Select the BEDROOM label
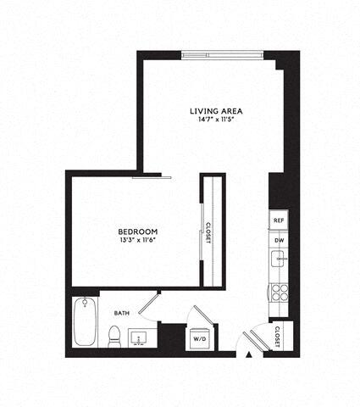[x=136, y=231]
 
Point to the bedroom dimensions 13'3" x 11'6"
[x=136, y=241]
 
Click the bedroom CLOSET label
[x=208, y=232]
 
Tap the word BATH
[x=121, y=313]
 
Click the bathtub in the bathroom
[x=85, y=321]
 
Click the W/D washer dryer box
[x=200, y=339]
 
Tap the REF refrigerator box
[x=278, y=220]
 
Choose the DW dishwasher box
[x=278, y=241]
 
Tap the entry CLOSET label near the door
[x=278, y=337]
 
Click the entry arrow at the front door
[x=248, y=352]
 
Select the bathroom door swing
[x=150, y=304]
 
